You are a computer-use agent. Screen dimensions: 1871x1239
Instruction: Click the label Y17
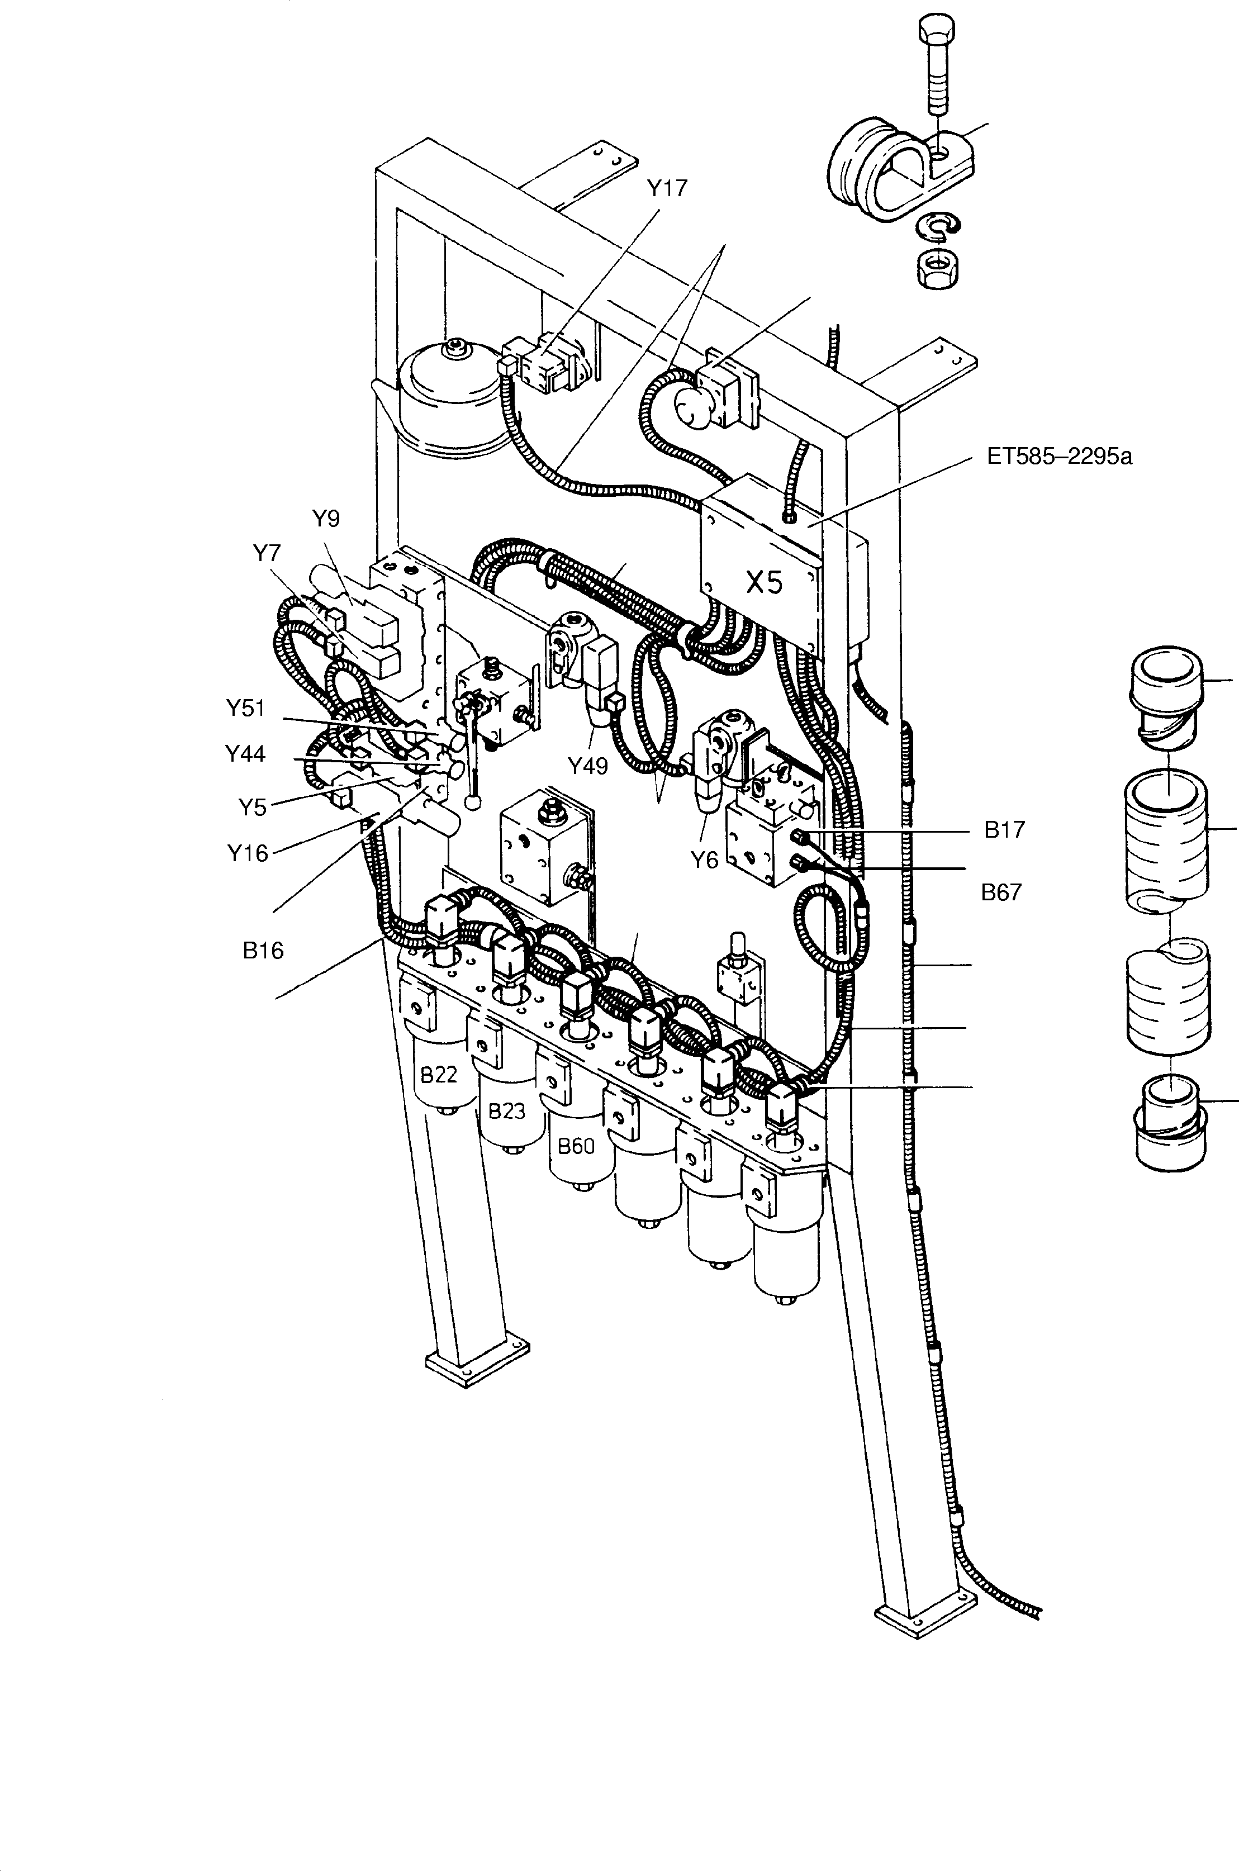(667, 188)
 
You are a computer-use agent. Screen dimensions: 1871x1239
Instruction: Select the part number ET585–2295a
(1059, 457)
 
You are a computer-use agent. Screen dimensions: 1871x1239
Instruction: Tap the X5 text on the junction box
(764, 582)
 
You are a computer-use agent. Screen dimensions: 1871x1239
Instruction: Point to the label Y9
(326, 519)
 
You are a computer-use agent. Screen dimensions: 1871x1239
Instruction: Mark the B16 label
(263, 951)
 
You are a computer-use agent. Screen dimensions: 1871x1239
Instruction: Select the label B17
(1004, 830)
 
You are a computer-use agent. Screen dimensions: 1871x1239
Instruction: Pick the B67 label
(1001, 892)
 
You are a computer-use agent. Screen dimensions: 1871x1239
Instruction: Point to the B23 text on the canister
(506, 1112)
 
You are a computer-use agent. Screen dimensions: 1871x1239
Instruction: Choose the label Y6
(705, 859)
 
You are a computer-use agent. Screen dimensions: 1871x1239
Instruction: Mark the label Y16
(248, 853)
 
